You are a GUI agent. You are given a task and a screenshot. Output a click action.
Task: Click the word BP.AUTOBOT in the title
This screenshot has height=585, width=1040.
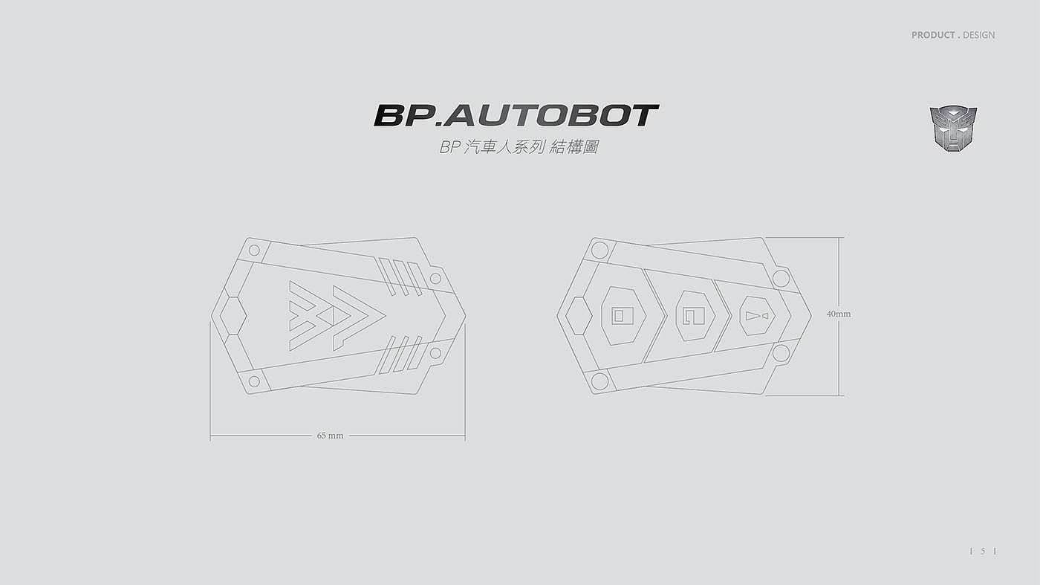pos(516,115)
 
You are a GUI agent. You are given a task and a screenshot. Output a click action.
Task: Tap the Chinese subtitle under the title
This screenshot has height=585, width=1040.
pos(519,147)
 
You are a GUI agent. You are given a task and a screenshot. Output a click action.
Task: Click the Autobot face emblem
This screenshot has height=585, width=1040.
pos(954,130)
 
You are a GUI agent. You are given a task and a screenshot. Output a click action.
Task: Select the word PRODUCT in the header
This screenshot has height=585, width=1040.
pos(933,35)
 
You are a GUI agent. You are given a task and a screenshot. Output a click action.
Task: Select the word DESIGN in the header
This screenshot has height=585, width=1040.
pos(978,35)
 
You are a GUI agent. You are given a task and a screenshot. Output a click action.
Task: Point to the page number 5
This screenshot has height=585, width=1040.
pos(983,551)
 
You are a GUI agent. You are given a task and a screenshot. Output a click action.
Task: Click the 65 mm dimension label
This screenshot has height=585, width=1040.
pos(330,436)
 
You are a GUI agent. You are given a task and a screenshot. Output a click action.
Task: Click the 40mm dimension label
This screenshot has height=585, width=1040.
pos(839,314)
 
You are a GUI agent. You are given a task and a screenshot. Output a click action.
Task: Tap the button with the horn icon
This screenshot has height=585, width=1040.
pos(758,315)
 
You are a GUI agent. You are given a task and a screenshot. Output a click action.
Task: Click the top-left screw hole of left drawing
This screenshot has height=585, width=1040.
pos(254,250)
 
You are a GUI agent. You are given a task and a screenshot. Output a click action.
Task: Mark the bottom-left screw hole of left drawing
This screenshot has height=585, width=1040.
pos(254,381)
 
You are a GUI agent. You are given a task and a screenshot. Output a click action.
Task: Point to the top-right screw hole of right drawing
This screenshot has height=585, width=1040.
pos(780,278)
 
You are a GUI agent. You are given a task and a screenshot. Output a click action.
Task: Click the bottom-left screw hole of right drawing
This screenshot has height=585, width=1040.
pos(599,381)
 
